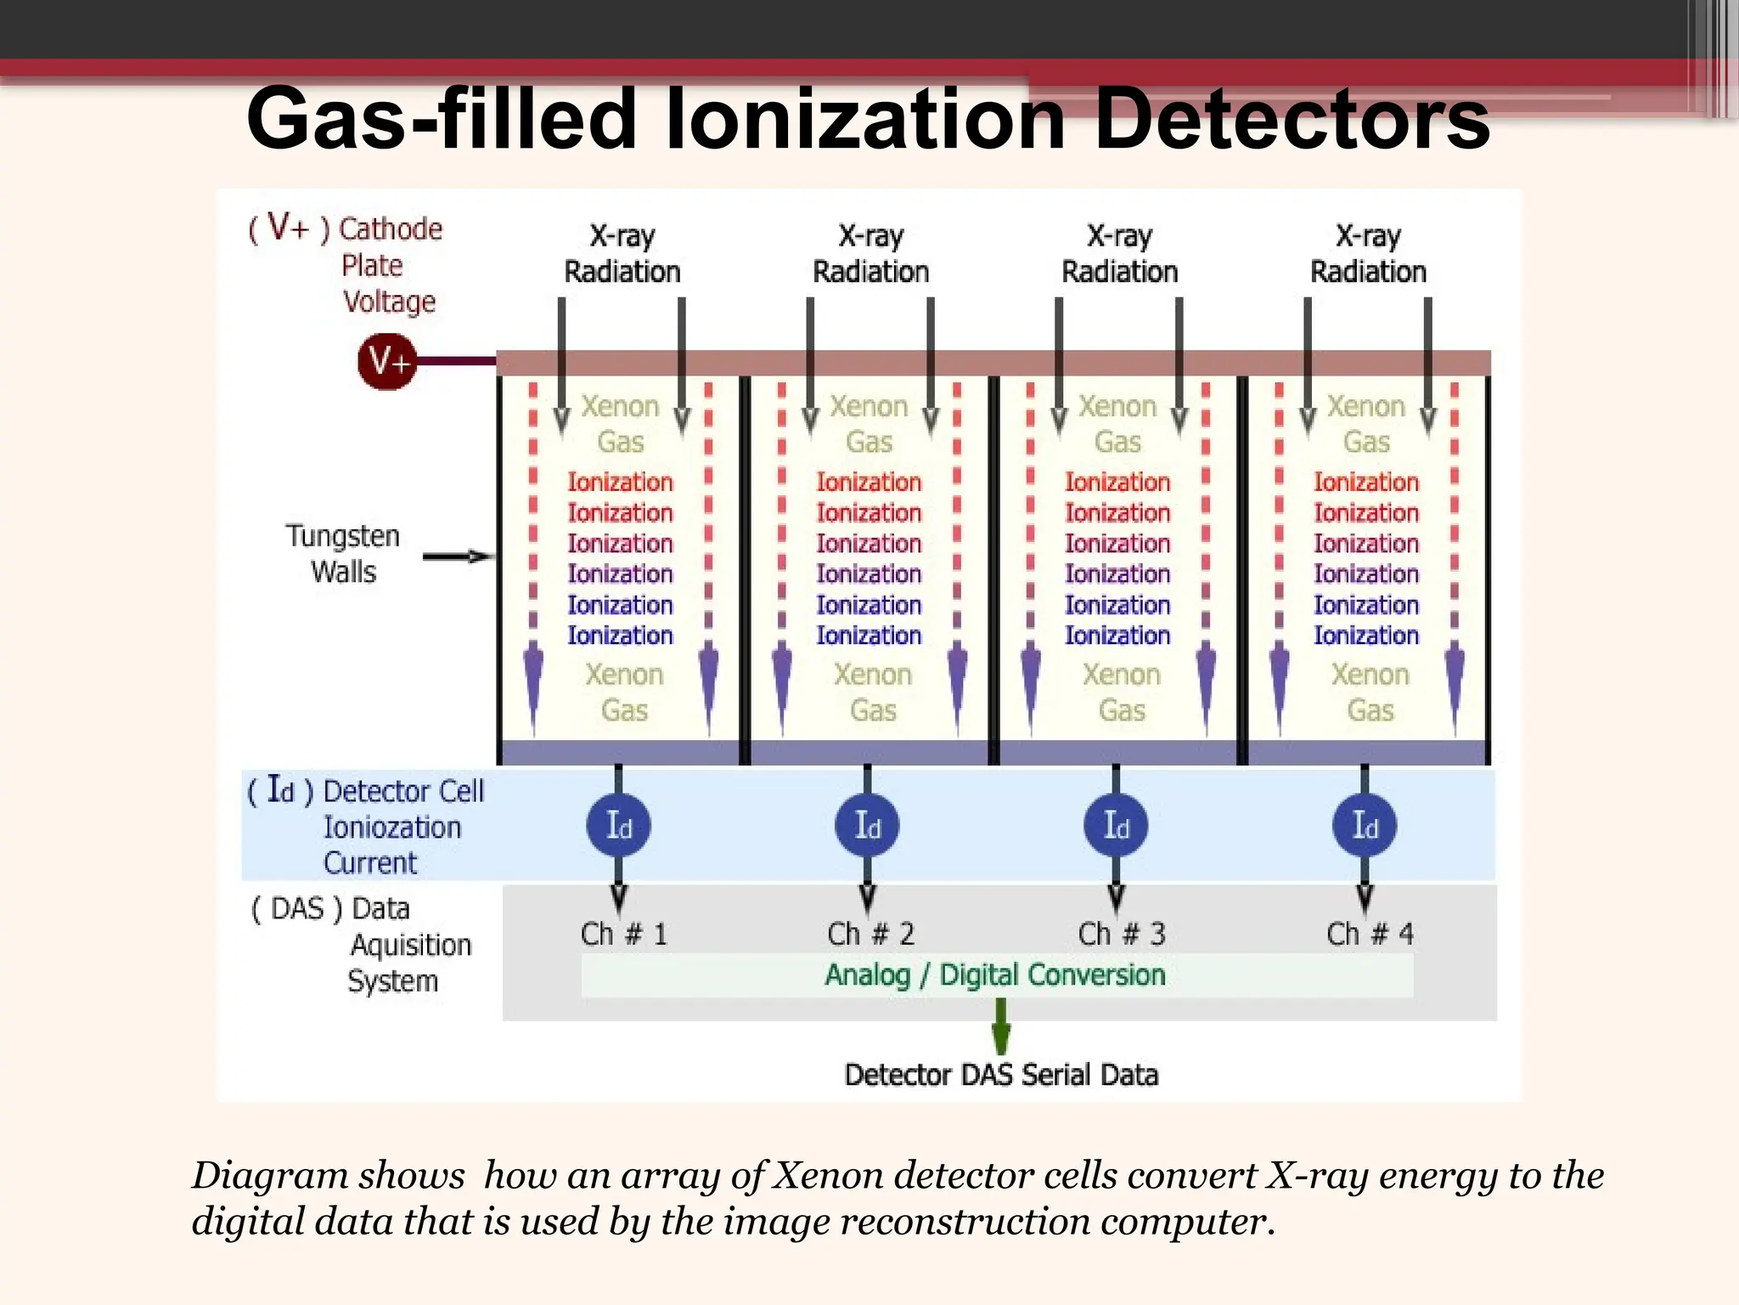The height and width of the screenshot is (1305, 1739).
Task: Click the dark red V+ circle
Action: (x=387, y=362)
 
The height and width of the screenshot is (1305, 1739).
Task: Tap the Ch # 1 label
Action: (x=624, y=934)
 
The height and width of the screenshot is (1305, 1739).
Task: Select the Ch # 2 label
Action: (x=871, y=934)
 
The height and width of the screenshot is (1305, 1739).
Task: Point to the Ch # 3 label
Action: (x=1122, y=934)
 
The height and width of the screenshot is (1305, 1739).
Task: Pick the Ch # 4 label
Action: (x=1370, y=934)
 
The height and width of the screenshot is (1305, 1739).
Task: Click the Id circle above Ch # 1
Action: (x=619, y=825)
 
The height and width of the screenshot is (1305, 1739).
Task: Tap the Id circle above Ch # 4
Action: (x=1365, y=825)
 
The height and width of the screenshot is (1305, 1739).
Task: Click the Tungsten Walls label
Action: (x=343, y=554)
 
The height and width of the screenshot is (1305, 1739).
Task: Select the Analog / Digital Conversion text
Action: (x=995, y=975)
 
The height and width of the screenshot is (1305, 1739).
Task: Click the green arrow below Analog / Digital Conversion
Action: (x=1001, y=1025)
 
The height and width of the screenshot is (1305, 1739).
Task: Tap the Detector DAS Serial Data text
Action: (x=1001, y=1075)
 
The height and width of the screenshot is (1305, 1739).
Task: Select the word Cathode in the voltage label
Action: (x=391, y=229)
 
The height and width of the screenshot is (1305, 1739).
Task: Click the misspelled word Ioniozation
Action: (x=392, y=828)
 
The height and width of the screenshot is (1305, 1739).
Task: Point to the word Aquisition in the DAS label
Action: (x=411, y=945)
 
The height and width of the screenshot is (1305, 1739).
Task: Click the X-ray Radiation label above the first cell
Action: (x=622, y=253)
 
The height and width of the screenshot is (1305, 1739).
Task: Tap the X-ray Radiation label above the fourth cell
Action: (x=1368, y=253)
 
